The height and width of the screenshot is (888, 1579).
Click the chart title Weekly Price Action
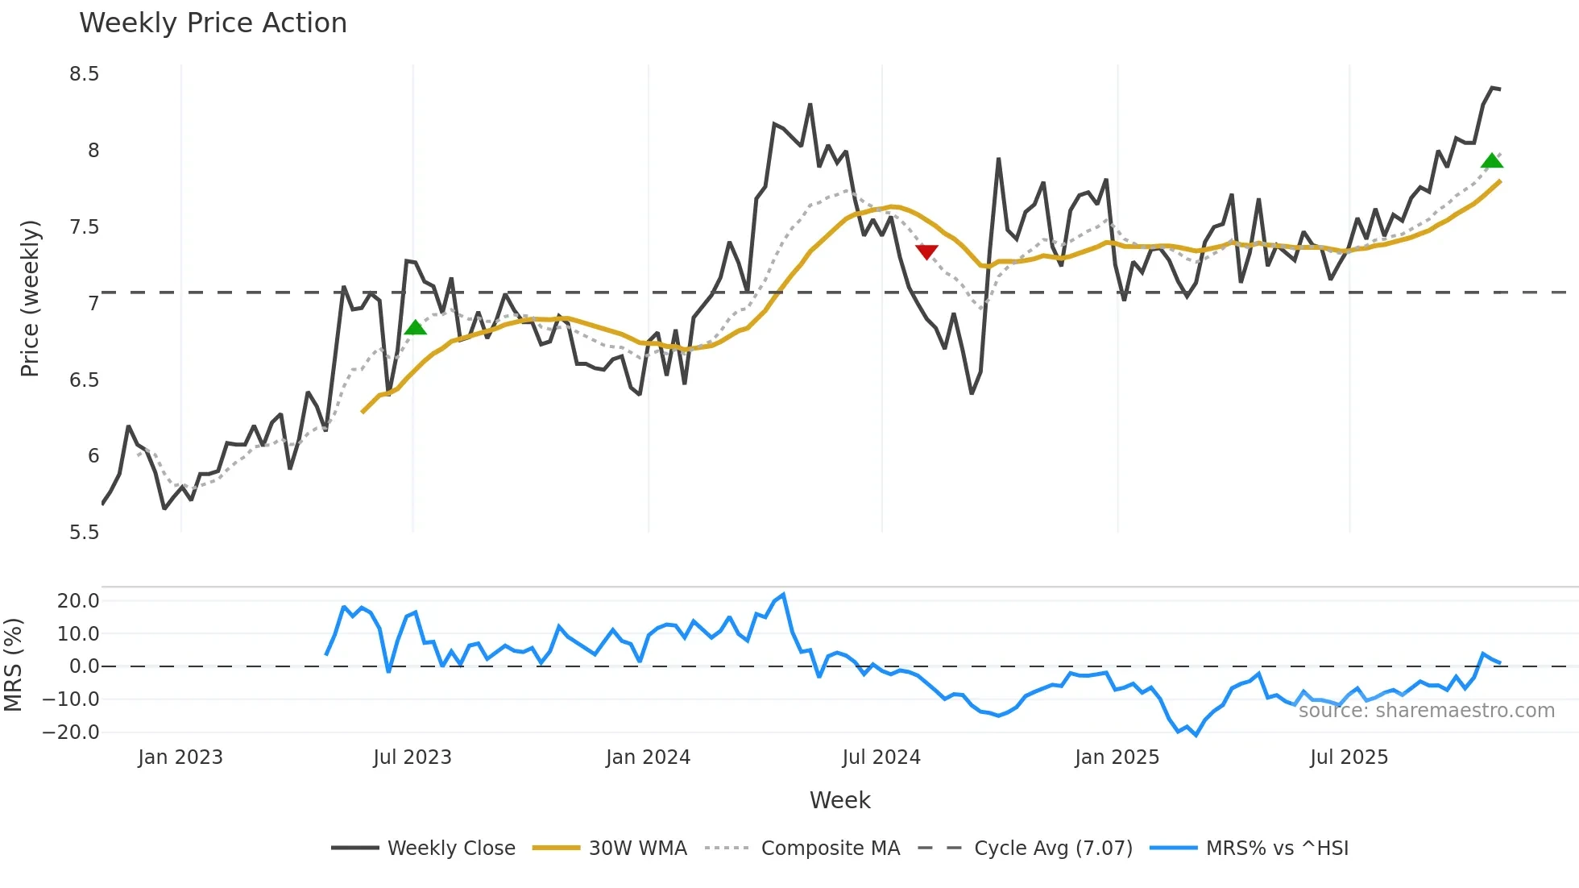click(x=213, y=23)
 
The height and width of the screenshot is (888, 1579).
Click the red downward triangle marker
click(x=927, y=252)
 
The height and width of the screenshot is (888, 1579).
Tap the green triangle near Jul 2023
click(x=415, y=327)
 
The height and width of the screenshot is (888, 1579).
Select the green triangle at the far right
click(x=1492, y=161)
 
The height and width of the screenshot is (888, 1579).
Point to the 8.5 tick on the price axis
click(x=84, y=74)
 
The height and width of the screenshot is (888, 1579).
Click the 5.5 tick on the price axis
click(x=84, y=533)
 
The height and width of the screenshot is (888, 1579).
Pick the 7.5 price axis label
click(x=84, y=227)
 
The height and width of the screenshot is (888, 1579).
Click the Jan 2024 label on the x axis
click(x=648, y=757)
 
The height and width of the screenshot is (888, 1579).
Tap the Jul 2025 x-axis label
click(x=1349, y=757)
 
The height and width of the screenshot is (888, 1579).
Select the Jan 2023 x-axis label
click(x=180, y=757)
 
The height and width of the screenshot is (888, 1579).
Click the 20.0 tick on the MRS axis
click(x=78, y=601)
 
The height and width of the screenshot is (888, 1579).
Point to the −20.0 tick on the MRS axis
click(x=71, y=732)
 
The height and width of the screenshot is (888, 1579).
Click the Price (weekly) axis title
click(x=30, y=298)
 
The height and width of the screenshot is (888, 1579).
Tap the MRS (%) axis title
click(x=14, y=665)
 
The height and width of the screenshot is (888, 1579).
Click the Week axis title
click(x=839, y=800)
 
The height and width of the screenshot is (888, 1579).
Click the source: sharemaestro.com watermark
click(x=1426, y=711)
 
